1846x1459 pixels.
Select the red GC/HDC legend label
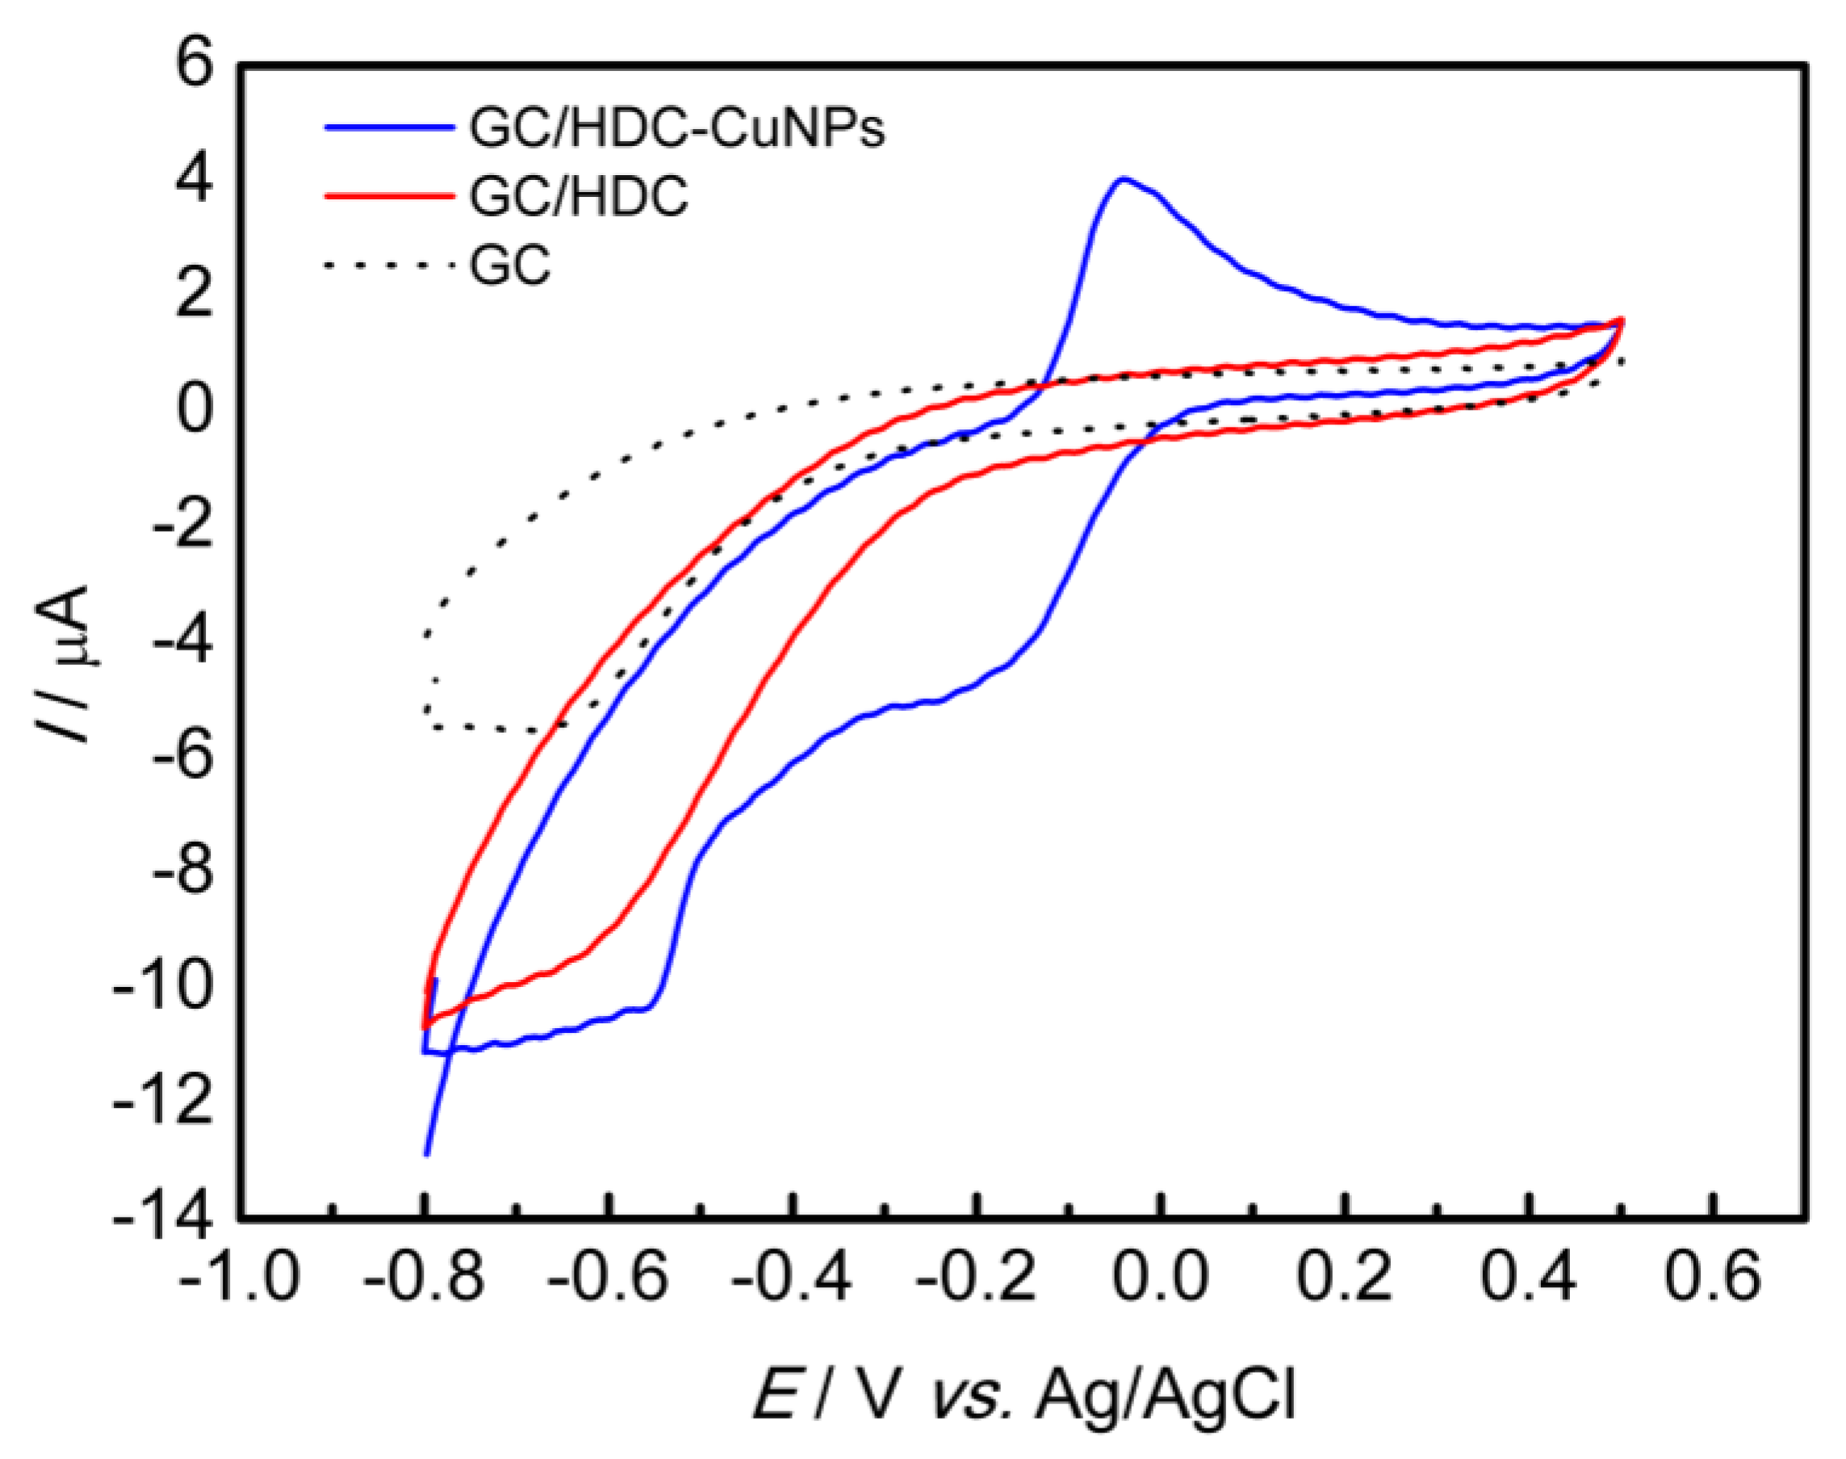coord(578,198)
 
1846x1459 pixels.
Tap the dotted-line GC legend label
coord(510,265)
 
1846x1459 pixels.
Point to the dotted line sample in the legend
coord(389,265)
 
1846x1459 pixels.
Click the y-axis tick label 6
coord(194,65)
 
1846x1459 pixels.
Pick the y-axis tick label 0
coord(194,409)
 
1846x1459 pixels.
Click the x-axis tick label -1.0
coord(239,1279)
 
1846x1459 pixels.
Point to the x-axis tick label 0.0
coord(1160,1279)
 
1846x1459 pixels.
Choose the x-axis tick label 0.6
coord(1712,1279)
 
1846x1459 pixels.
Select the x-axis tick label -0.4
coord(792,1279)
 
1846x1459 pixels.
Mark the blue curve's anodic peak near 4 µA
coord(1124,178)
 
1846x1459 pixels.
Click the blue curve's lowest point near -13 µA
coord(426,1154)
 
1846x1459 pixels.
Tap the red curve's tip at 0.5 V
coord(1621,320)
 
